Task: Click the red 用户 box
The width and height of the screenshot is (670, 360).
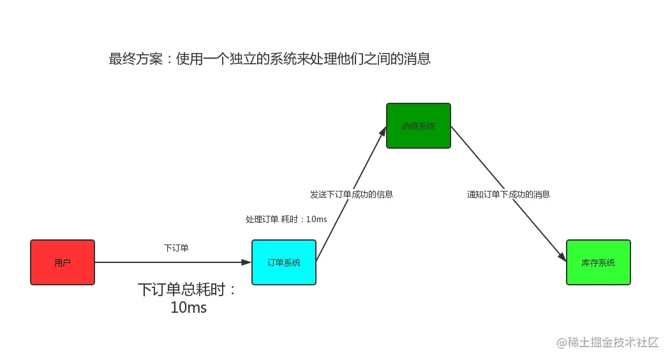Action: (x=63, y=262)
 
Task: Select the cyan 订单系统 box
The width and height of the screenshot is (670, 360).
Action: (x=284, y=262)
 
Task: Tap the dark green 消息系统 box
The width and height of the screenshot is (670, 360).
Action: (x=419, y=126)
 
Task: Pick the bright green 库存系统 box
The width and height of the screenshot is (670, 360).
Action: (x=599, y=262)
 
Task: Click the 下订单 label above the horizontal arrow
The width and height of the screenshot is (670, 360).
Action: (x=176, y=248)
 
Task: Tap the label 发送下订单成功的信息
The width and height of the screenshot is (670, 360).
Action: (x=352, y=194)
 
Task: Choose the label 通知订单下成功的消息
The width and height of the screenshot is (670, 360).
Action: (x=509, y=194)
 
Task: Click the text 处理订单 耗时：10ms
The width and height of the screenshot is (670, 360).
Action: (x=286, y=219)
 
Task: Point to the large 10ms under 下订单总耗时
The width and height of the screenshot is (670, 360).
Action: (x=188, y=308)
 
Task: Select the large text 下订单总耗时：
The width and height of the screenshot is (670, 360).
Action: (x=188, y=290)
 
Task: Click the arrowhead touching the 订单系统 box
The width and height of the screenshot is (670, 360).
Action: (x=246, y=262)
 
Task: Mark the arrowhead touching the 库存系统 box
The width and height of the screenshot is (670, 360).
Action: (x=562, y=257)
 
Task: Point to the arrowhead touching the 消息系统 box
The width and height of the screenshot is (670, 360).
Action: (x=383, y=131)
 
